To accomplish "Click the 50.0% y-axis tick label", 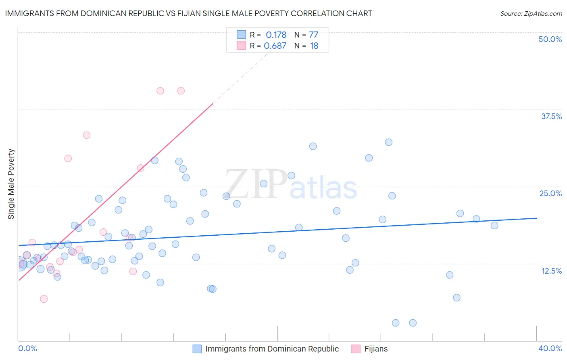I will pyautogui.click(x=550, y=39).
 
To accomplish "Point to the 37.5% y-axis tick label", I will pyautogui.click(x=551, y=116).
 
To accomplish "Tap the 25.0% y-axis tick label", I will pyautogui.click(x=550, y=193).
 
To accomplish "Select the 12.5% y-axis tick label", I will pyautogui.click(x=551, y=271).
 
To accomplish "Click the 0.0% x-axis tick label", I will pyautogui.click(x=27, y=348).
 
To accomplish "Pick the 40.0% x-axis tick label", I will pyautogui.click(x=550, y=348).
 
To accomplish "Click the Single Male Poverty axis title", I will pyautogui.click(x=11, y=184).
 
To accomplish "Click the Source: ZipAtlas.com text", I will pyautogui.click(x=531, y=13).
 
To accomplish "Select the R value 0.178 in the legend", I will pyautogui.click(x=276, y=35).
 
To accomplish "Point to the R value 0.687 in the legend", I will pyautogui.click(x=275, y=46).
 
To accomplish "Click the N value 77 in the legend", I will pyautogui.click(x=313, y=35).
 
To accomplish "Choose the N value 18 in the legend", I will pyautogui.click(x=314, y=46).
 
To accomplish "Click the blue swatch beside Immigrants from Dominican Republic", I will pyautogui.click(x=197, y=349).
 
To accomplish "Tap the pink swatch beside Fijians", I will pyautogui.click(x=356, y=349).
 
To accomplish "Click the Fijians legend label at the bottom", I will pyautogui.click(x=376, y=349).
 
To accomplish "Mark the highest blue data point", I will pyautogui.click(x=388, y=142).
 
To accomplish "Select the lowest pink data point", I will pyautogui.click(x=44, y=299).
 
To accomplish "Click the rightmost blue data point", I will pyautogui.click(x=494, y=225).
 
